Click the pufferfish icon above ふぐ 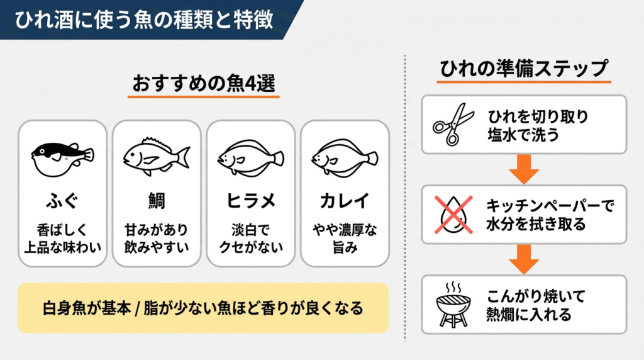(62, 157)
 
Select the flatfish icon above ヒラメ (250, 157)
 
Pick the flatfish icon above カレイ (345, 157)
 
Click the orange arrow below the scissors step (524, 168)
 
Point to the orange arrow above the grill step (524, 258)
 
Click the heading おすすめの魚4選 (204, 84)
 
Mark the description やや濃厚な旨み (345, 239)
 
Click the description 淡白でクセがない (250, 239)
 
